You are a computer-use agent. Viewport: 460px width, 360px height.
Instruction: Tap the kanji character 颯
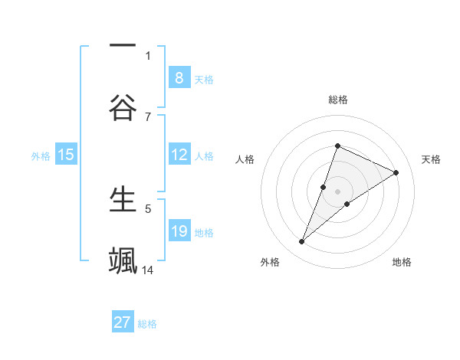tap(123, 260)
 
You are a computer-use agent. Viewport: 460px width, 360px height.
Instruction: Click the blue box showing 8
tap(179, 77)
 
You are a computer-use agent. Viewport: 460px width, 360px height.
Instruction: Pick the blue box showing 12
tap(179, 155)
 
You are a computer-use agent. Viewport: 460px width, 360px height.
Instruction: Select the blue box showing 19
tap(179, 231)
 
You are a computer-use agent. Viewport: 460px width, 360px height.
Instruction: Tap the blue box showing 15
tap(66, 155)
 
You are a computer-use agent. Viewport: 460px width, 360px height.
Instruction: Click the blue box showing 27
tap(123, 322)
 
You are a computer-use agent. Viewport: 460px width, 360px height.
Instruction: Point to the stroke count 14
tap(148, 270)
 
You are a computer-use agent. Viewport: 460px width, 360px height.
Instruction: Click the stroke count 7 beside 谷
tap(148, 116)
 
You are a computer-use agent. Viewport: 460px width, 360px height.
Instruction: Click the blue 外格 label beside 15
tap(41, 155)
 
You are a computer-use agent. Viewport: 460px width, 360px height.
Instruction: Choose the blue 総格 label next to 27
tap(147, 323)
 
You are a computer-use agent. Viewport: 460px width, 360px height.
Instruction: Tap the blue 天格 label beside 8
tap(203, 79)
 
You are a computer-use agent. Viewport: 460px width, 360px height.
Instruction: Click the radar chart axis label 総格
tap(337, 100)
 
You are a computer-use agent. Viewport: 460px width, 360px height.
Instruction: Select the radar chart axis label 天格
tap(431, 159)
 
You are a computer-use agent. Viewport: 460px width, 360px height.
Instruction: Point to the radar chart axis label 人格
tap(245, 159)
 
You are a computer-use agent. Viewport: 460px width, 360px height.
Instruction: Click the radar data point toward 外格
tap(302, 242)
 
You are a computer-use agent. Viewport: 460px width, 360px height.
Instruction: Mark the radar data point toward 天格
tap(396, 173)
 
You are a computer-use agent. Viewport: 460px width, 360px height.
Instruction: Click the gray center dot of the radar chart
tap(337, 191)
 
